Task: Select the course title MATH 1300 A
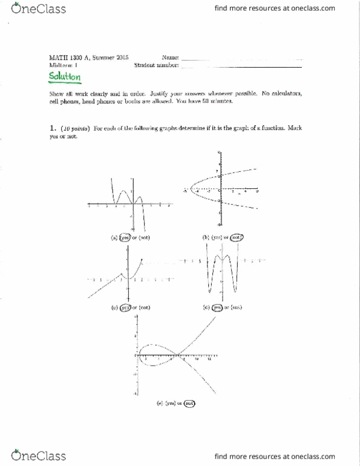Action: click(71, 56)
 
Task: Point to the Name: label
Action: click(171, 56)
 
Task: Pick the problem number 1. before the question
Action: click(53, 129)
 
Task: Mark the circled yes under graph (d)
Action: click(217, 307)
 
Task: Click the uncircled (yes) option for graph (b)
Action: click(215, 238)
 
